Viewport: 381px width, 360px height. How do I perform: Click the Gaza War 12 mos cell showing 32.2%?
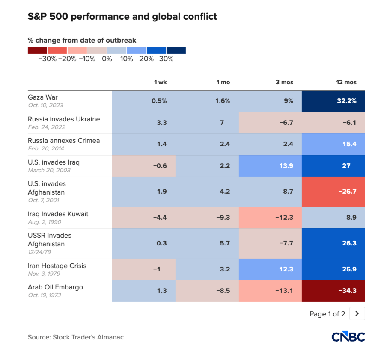coord(334,101)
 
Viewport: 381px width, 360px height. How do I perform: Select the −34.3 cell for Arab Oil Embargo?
coord(334,291)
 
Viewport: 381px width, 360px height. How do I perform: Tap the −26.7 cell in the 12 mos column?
coord(334,192)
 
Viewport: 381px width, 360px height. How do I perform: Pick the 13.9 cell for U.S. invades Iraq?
coord(271,165)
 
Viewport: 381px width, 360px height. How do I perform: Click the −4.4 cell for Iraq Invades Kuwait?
coord(144,218)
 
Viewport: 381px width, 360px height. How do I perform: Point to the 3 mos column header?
coord(284,82)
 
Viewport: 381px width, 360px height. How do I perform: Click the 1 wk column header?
coord(161,82)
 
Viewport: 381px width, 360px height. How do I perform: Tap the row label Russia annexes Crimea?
coord(64,141)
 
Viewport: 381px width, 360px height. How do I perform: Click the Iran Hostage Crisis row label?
coord(57,266)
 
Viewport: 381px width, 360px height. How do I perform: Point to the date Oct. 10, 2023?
coord(46,105)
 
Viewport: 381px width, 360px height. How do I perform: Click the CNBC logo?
coord(348,337)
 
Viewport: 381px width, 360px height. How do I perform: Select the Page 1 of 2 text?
coord(327,314)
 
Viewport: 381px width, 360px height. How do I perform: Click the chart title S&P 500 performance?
coord(122,17)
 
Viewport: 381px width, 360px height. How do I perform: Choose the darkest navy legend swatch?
coord(176,50)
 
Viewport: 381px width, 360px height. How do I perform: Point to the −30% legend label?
coord(47,59)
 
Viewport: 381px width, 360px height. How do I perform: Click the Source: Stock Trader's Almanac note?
coord(76,337)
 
